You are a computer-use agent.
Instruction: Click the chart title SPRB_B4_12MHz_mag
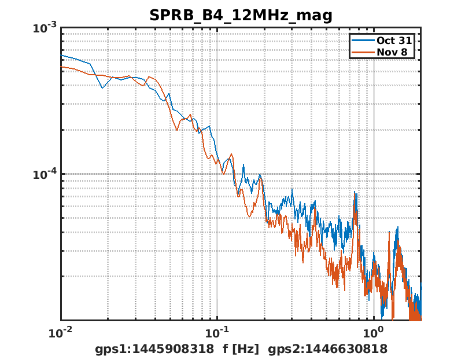point(241,16)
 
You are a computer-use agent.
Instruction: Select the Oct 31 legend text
point(395,41)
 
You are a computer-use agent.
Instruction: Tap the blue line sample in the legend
point(362,41)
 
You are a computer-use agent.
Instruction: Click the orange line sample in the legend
point(362,52)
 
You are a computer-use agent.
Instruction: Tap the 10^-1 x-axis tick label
point(217,332)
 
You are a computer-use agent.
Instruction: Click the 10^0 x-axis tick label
point(374,332)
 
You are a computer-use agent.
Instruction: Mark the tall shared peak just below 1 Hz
point(355,195)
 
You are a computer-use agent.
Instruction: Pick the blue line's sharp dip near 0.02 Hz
point(103,88)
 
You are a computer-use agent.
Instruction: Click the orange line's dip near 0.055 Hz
point(177,130)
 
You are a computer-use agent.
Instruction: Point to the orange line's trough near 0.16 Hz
point(249,216)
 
